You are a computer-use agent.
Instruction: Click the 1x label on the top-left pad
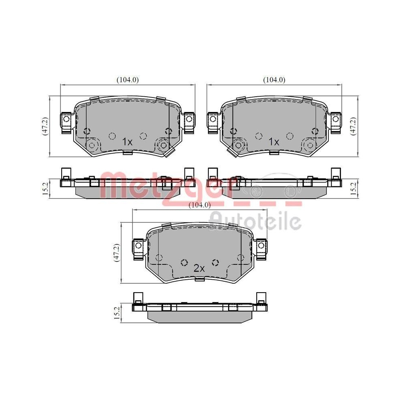pyautogui.click(x=127, y=142)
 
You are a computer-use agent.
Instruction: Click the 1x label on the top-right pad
pyautogui.click(x=274, y=142)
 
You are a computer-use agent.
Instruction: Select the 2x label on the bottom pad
pyautogui.click(x=199, y=268)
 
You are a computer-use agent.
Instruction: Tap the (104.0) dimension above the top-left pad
pyautogui.click(x=128, y=80)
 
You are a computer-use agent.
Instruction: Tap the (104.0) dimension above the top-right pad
pyautogui.click(x=274, y=80)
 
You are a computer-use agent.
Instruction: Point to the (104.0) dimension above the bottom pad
pyautogui.click(x=199, y=205)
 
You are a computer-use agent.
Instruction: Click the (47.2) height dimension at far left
pyautogui.click(x=46, y=126)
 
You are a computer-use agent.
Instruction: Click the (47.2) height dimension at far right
pyautogui.click(x=353, y=126)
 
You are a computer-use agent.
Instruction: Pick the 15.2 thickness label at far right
pyautogui.click(x=353, y=187)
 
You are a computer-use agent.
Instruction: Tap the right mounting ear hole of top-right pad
pyautogui.click(x=335, y=119)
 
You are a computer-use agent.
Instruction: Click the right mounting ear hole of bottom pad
pyautogui.click(x=262, y=245)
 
